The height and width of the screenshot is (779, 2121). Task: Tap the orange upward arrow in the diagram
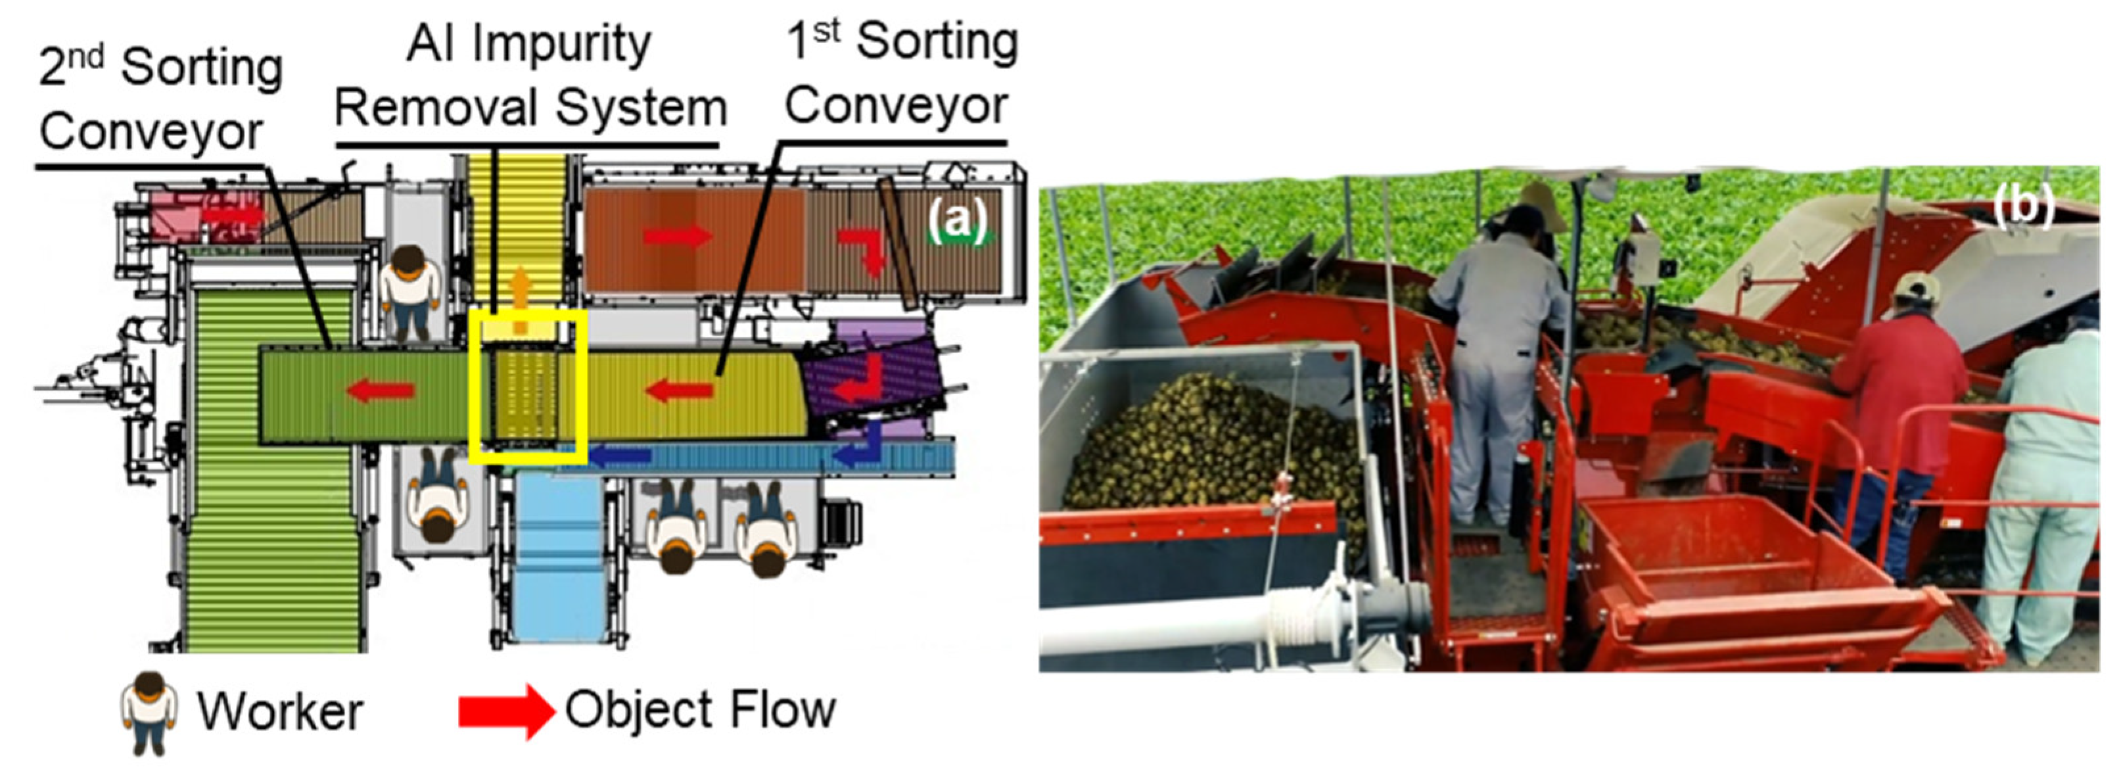[519, 300]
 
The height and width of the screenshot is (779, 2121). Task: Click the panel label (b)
[2023, 206]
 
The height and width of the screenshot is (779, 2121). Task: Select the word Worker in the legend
[279, 711]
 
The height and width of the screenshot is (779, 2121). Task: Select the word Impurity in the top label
[561, 45]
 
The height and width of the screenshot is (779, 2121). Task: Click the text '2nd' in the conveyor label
[72, 66]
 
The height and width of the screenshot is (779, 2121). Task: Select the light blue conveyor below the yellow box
[560, 560]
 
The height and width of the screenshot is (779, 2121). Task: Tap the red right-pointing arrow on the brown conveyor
[678, 237]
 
